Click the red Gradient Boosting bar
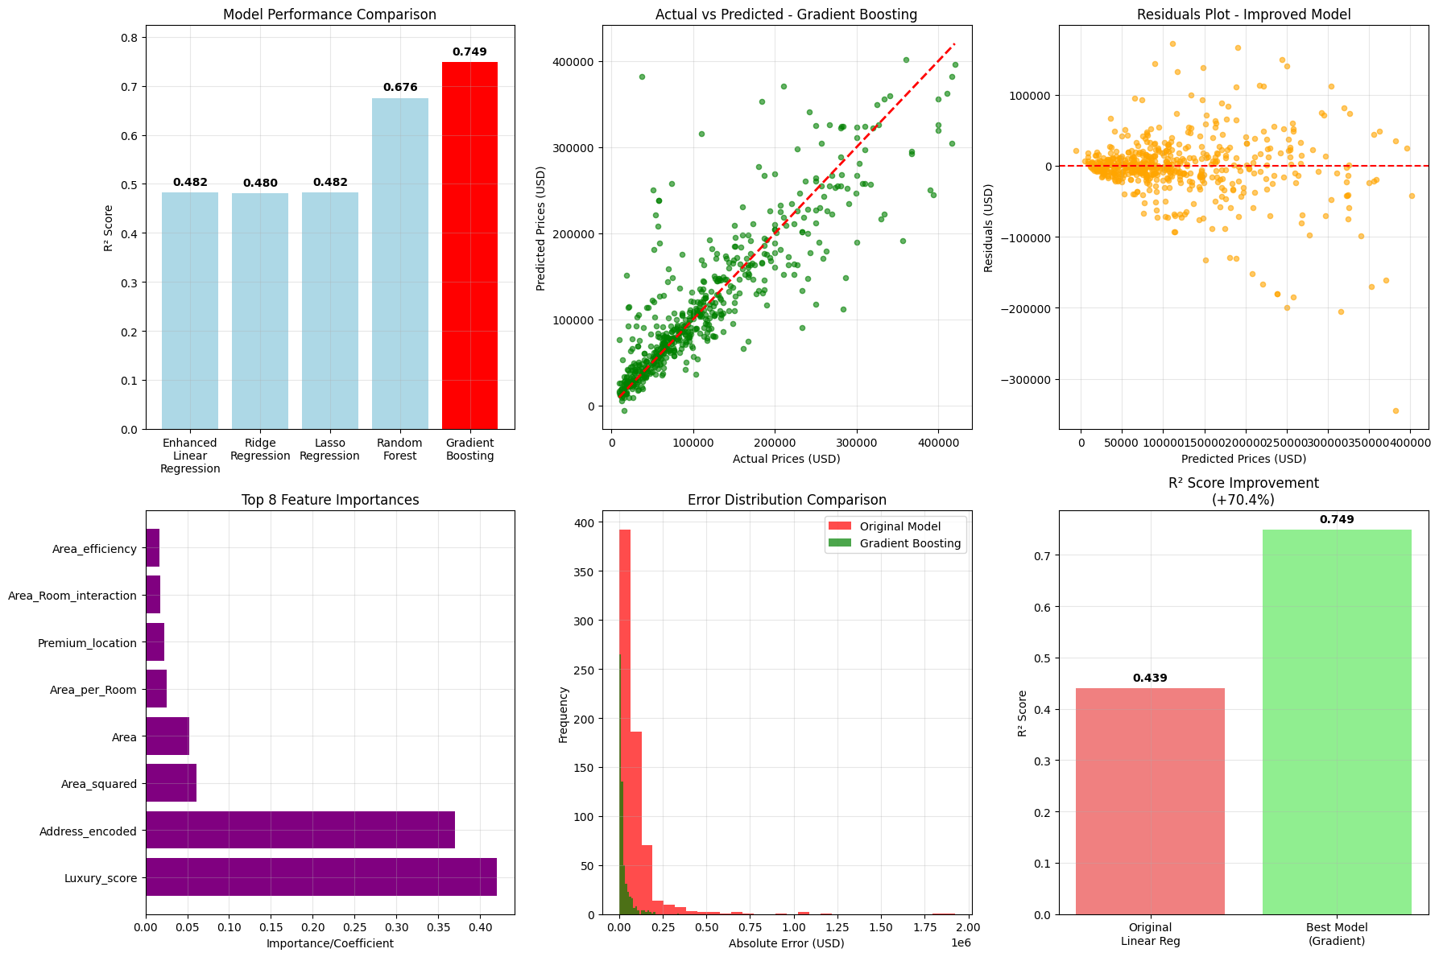tap(469, 245)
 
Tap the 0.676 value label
tap(399, 87)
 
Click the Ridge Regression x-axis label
tap(260, 449)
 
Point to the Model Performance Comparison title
tap(329, 14)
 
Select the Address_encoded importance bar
tap(300, 830)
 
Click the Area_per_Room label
tap(93, 690)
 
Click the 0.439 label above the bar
tap(1149, 678)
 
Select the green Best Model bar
tap(1336, 721)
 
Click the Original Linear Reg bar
tap(1149, 801)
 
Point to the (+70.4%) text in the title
tap(1243, 500)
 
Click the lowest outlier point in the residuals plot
tap(1396, 410)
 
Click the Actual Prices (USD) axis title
tap(786, 459)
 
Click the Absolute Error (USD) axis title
tap(786, 943)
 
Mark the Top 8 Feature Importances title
tap(329, 500)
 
